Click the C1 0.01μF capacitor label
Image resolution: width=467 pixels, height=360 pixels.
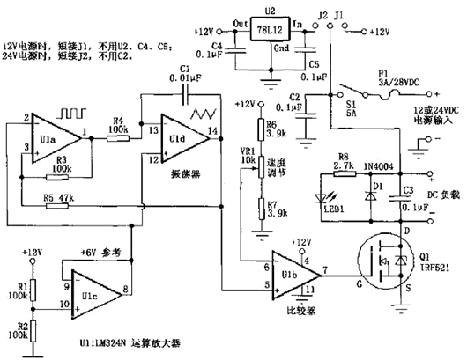pos(186,72)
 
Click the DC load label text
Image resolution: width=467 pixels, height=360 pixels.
pos(436,193)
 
